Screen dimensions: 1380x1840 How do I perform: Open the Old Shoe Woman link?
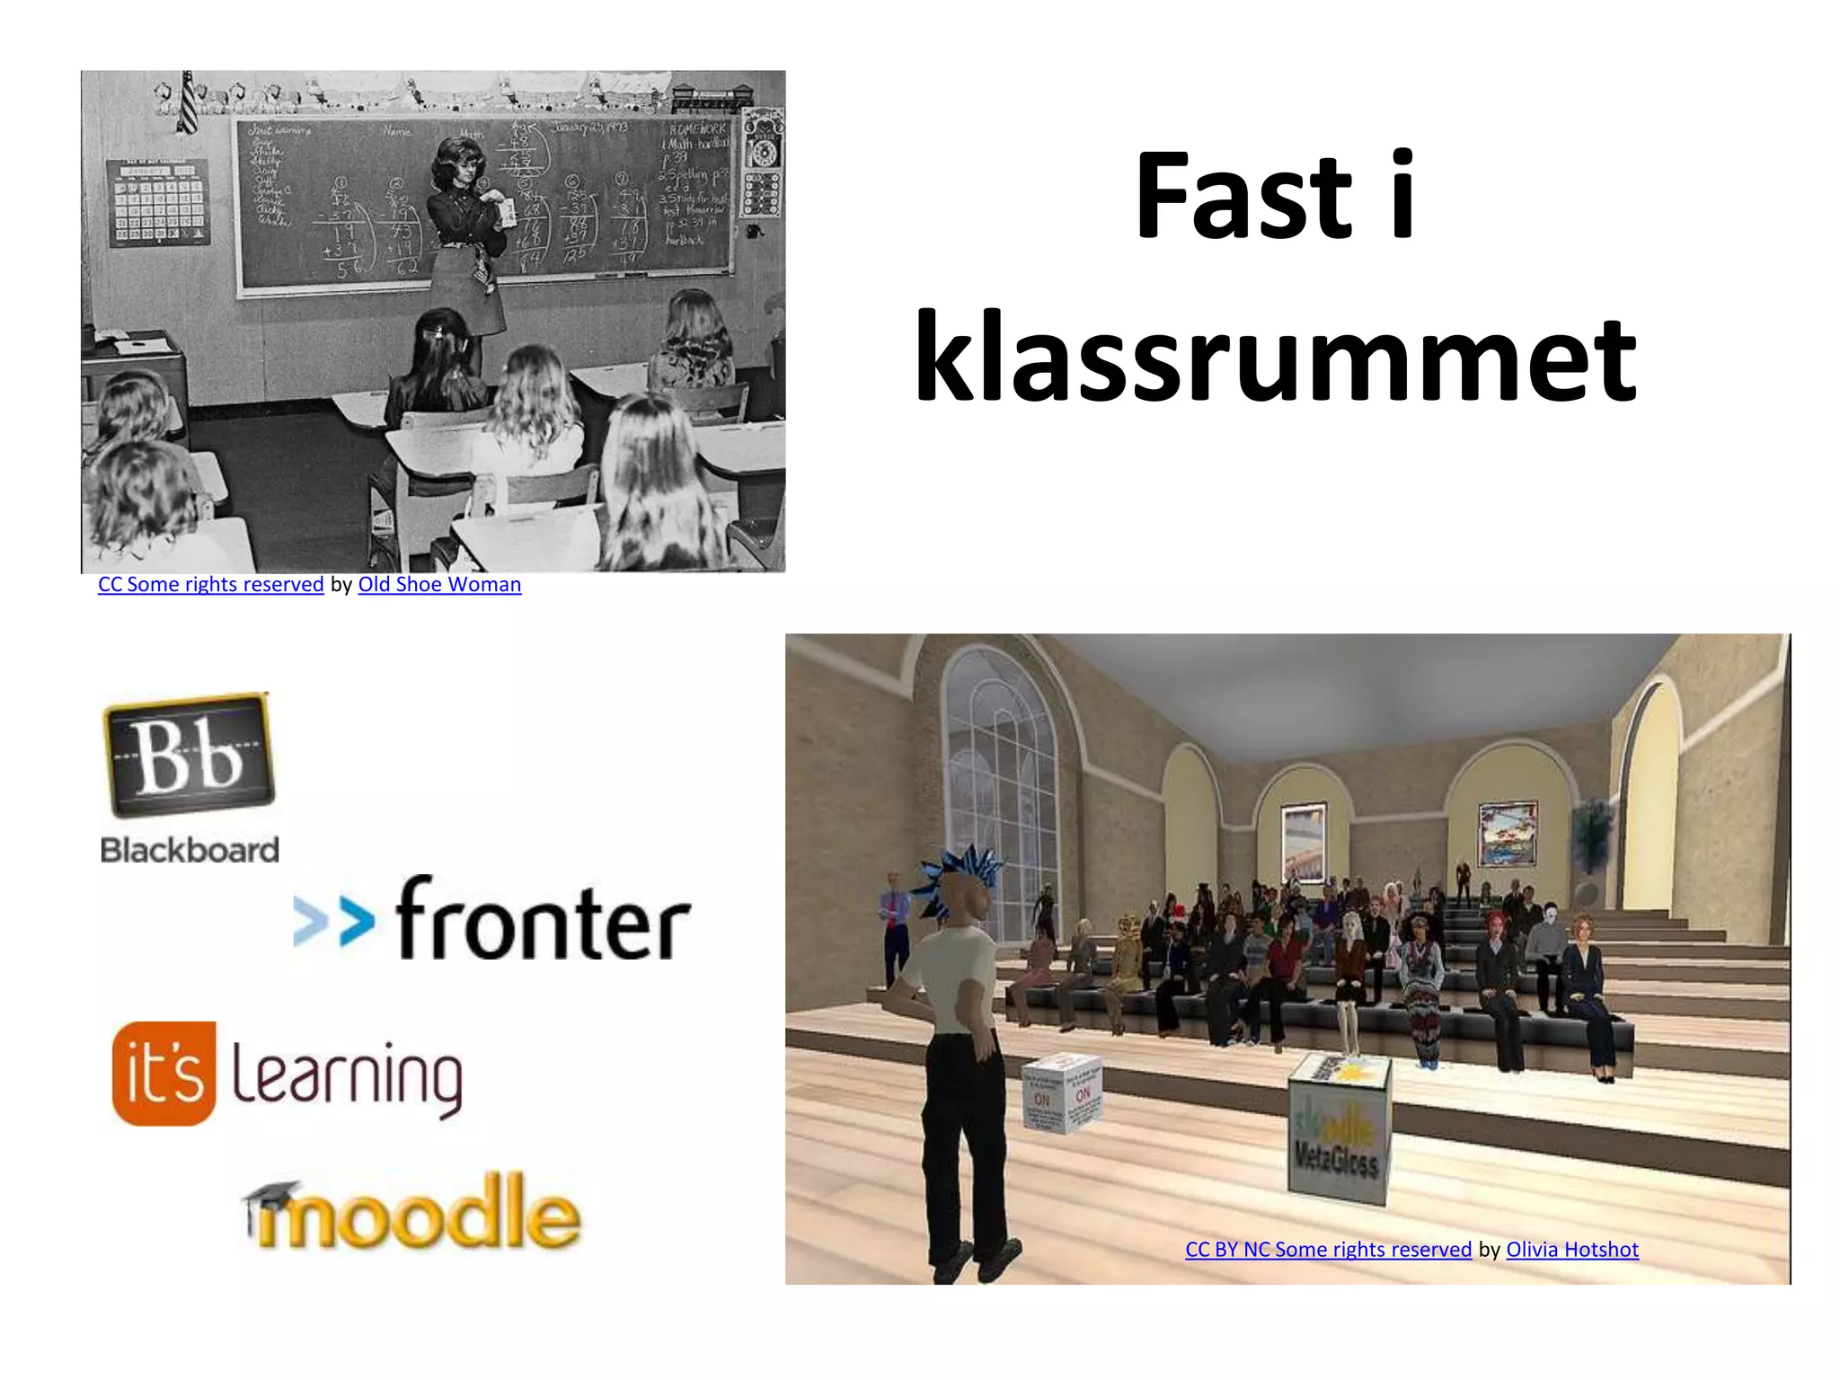[x=439, y=585]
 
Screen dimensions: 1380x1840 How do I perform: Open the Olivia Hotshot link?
[x=1572, y=1250]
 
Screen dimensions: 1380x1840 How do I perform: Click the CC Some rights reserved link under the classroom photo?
[x=211, y=585]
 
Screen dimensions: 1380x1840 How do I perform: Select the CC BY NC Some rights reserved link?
[x=1328, y=1250]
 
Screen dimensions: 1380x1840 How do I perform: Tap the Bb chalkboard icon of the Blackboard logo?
[x=189, y=755]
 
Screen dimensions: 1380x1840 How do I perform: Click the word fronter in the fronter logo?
[x=543, y=921]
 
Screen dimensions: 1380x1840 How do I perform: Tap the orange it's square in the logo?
[x=164, y=1074]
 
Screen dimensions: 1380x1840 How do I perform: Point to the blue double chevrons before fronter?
[x=333, y=923]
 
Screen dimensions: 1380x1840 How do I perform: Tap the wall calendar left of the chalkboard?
[x=158, y=203]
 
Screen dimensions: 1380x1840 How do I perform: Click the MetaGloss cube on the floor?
[x=1339, y=1128]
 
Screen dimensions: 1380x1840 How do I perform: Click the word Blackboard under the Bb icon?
[x=190, y=850]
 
